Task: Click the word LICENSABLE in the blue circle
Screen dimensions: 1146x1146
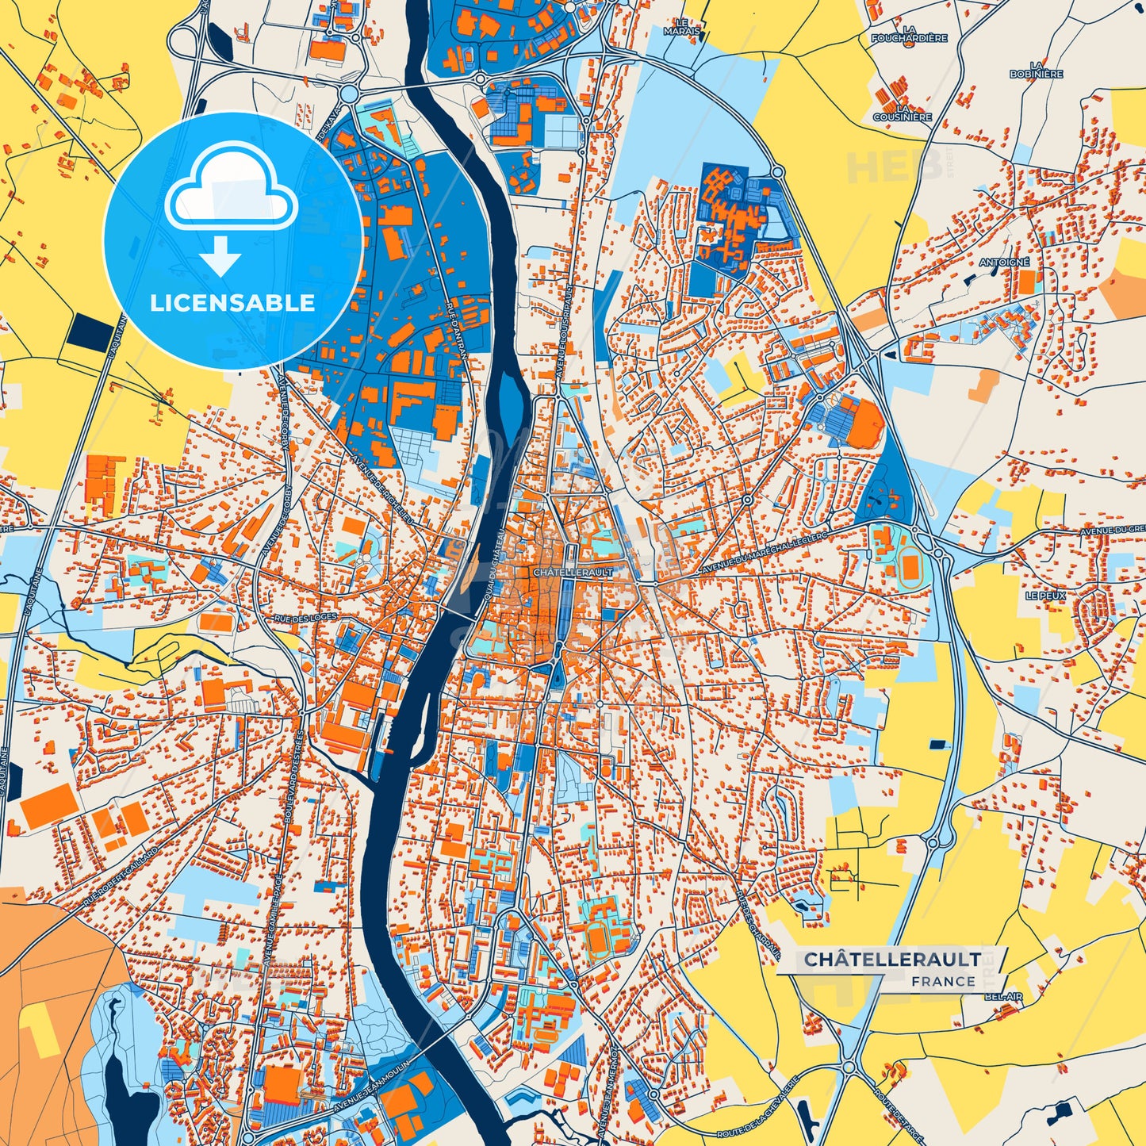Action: [x=232, y=303]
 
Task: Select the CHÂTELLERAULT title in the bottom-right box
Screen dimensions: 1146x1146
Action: [x=892, y=959]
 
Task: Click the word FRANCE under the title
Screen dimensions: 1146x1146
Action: [x=943, y=981]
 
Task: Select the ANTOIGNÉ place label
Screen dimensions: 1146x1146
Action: [x=1004, y=262]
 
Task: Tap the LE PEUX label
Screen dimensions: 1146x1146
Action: [x=1045, y=595]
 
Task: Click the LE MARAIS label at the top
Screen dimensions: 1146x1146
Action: [x=683, y=27]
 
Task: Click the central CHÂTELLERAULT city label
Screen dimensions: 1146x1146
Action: [x=562, y=572]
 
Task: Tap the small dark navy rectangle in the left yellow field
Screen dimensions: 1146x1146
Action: [x=94, y=332]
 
